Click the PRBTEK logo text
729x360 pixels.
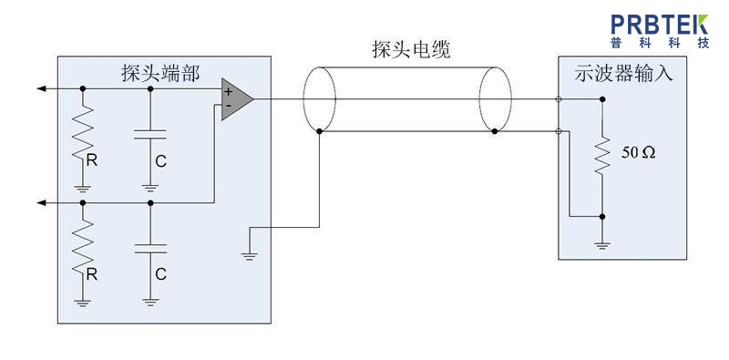coord(660,25)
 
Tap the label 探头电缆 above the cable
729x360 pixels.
coord(412,49)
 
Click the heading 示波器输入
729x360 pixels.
coord(623,73)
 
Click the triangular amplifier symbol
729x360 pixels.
coord(237,99)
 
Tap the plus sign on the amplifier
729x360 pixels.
coord(228,92)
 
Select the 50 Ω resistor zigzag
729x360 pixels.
coord(602,153)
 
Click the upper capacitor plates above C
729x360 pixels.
coord(149,135)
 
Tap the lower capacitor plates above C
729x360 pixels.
coord(149,248)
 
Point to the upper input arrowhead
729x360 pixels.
coord(41,88)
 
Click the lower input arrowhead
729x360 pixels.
coord(41,203)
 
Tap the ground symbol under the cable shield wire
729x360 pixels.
coord(250,256)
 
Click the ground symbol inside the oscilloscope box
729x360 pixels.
coord(602,245)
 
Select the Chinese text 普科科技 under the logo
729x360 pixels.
coord(660,43)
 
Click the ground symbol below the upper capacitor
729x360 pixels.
coord(149,189)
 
